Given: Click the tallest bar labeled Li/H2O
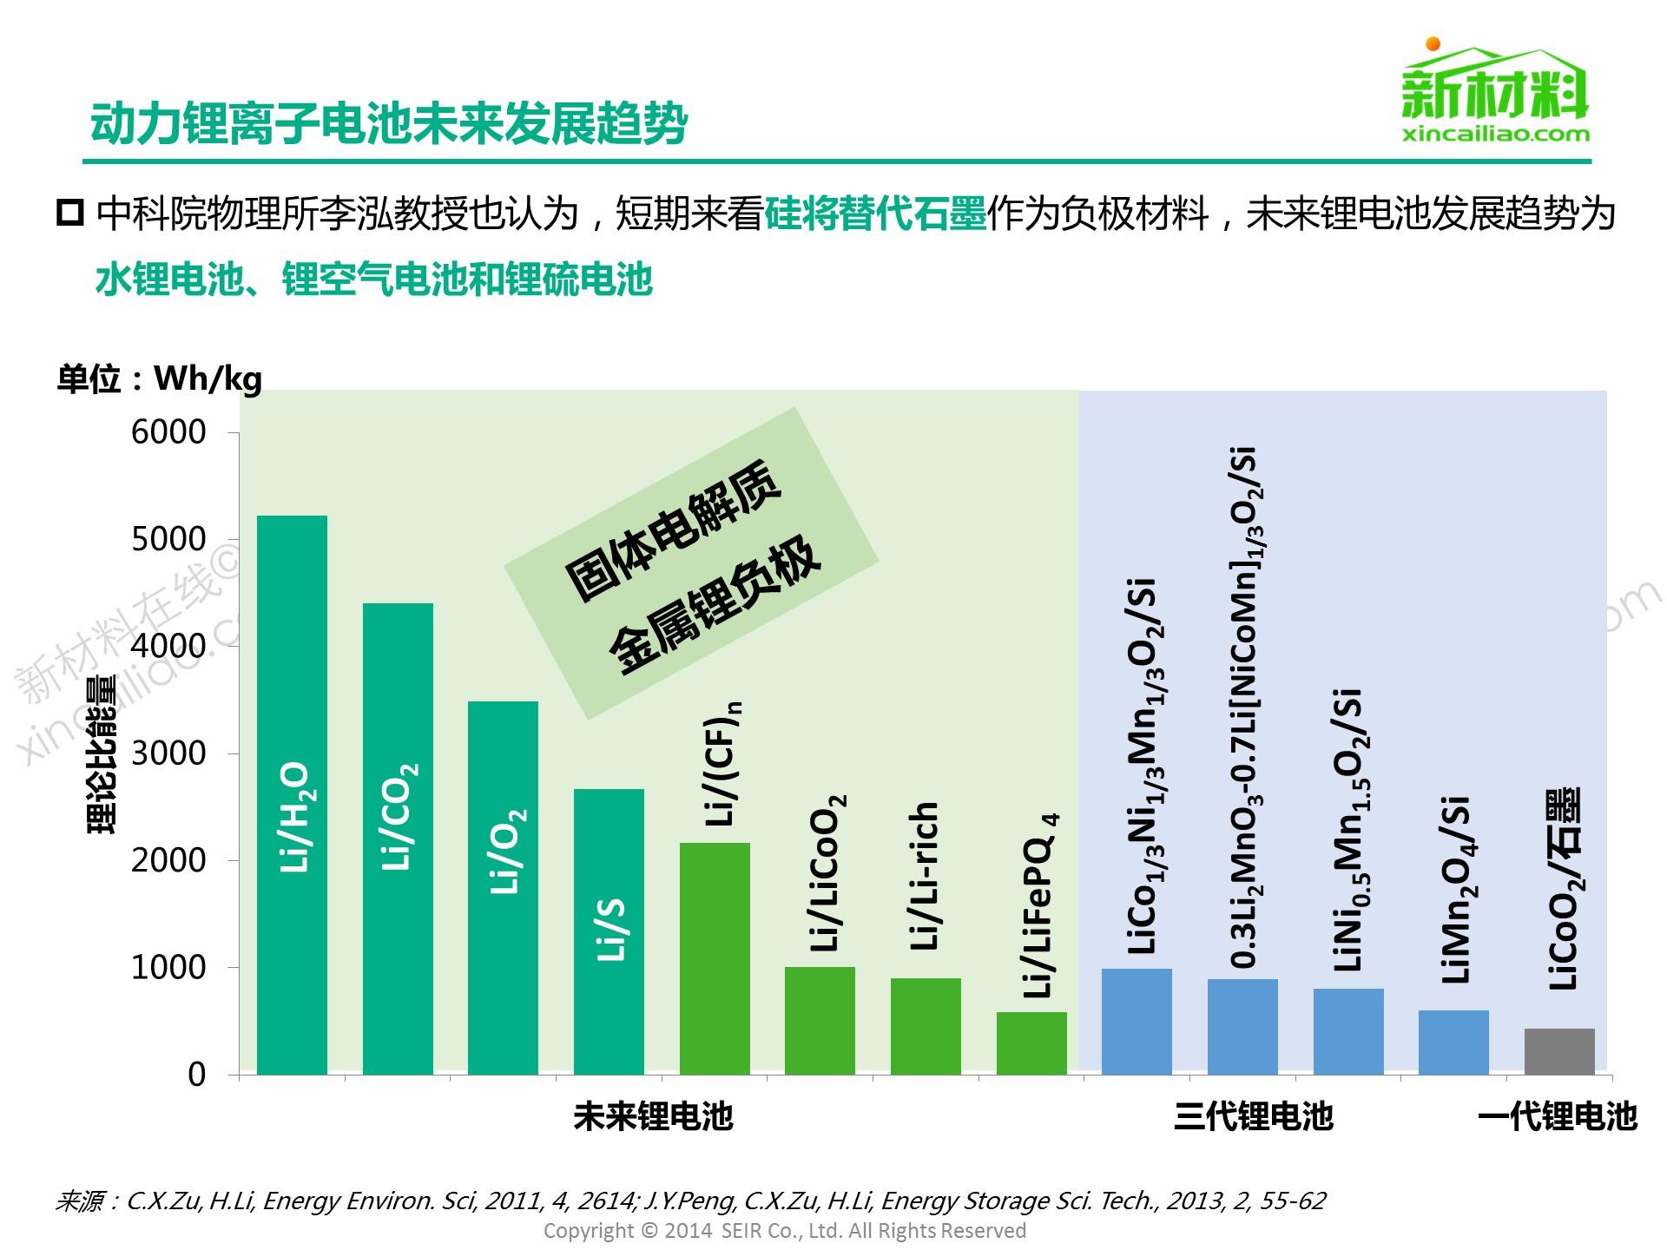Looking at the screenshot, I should (x=292, y=794).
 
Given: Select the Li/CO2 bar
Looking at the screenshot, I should (x=398, y=838).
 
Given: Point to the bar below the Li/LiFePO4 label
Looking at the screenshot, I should (x=1031, y=1043).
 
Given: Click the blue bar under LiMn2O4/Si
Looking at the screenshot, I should (x=1453, y=1042).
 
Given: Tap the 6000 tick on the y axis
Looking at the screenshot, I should (x=168, y=431).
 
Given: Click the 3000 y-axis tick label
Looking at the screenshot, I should (x=168, y=753).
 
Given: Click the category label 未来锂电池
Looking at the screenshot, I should (x=653, y=1116).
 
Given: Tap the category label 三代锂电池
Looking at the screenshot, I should (x=1253, y=1116).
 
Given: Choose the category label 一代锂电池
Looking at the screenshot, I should (x=1557, y=1116).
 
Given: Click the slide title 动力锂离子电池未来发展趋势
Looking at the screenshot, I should (x=389, y=124).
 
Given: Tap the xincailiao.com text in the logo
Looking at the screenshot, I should (x=1495, y=134).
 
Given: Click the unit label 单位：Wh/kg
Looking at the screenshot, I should (x=159, y=378).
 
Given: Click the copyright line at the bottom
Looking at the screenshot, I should (x=784, y=1230).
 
